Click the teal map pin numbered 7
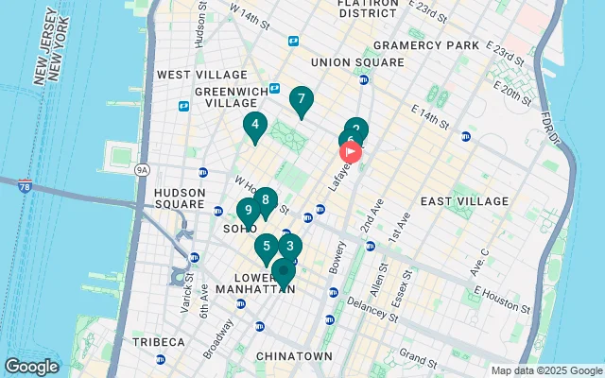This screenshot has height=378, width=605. (x=301, y=99)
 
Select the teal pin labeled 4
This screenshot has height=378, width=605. (x=254, y=125)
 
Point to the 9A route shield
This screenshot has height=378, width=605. (x=143, y=170)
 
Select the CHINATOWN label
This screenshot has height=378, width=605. (x=294, y=356)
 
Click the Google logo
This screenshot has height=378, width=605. (x=31, y=366)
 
